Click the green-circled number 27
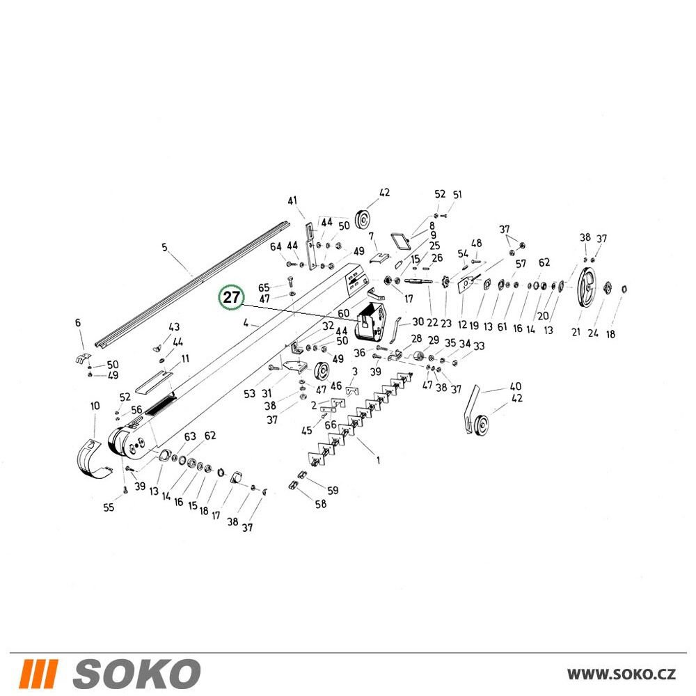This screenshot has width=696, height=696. click(x=231, y=297)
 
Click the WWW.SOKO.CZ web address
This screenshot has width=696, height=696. click(x=621, y=674)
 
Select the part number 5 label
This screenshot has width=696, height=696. click(x=165, y=247)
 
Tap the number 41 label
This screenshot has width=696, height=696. click(x=292, y=200)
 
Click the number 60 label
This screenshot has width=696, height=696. click(x=343, y=313)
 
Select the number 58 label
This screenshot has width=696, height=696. click(x=320, y=503)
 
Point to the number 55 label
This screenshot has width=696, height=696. click(x=109, y=507)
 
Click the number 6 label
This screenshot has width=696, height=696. click(x=78, y=323)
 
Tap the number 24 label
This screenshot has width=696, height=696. click(x=593, y=333)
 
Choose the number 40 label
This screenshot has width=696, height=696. click(x=515, y=386)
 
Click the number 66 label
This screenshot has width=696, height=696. click(x=331, y=425)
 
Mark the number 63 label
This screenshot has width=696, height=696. click(x=190, y=436)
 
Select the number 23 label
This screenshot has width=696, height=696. click(x=446, y=323)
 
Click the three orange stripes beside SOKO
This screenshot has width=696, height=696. click(x=38, y=674)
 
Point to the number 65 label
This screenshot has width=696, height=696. click(x=264, y=287)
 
